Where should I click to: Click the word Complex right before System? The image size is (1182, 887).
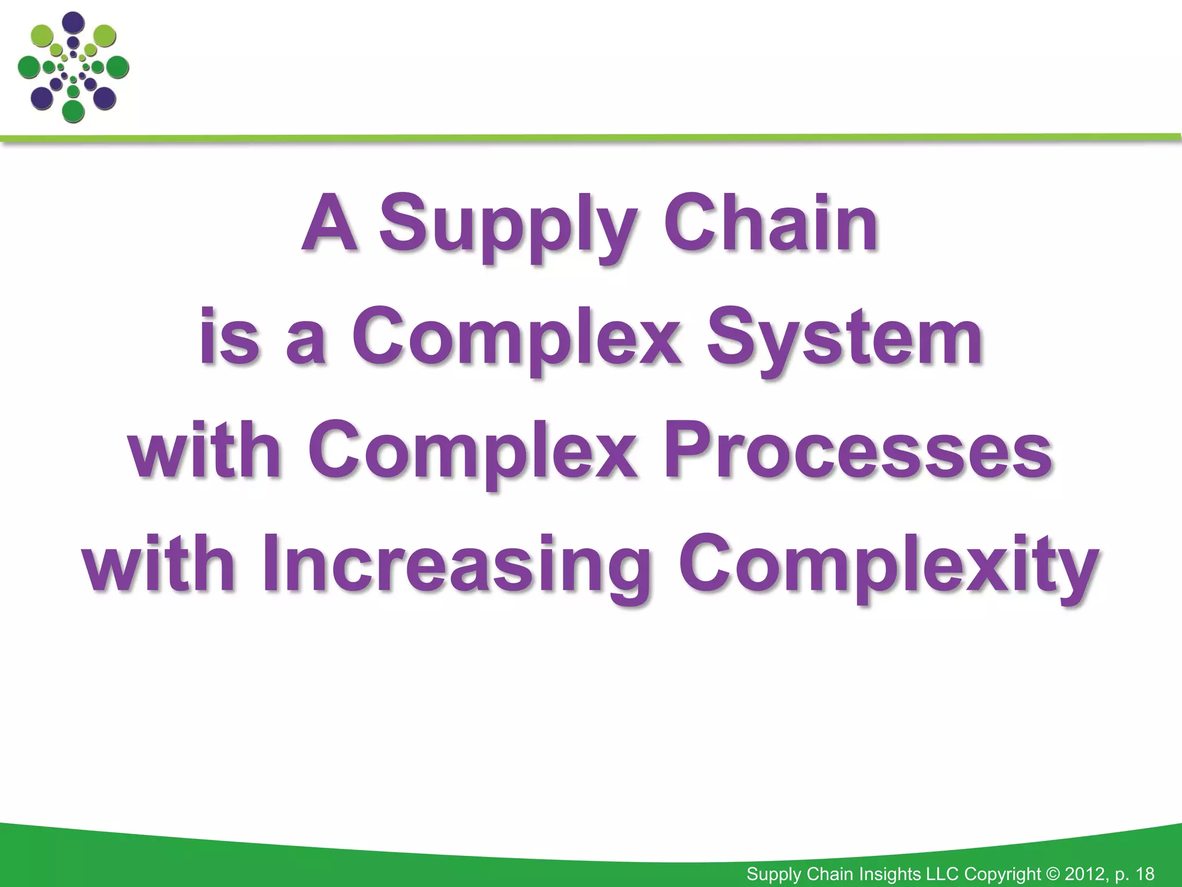516,344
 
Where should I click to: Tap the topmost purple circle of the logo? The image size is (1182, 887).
73,23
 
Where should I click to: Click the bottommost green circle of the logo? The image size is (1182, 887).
73,110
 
